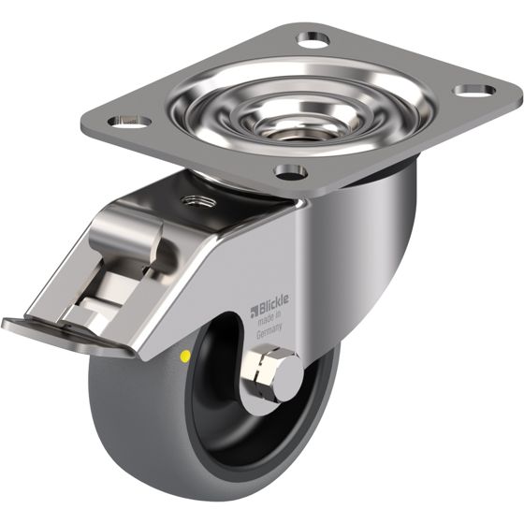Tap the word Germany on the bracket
click(269, 331)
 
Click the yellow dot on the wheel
click(185, 357)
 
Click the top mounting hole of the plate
click(313, 39)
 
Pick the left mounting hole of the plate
click(129, 121)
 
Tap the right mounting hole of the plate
click(474, 91)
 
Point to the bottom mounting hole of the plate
click(290, 171)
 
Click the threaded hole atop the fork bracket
click(197, 201)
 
